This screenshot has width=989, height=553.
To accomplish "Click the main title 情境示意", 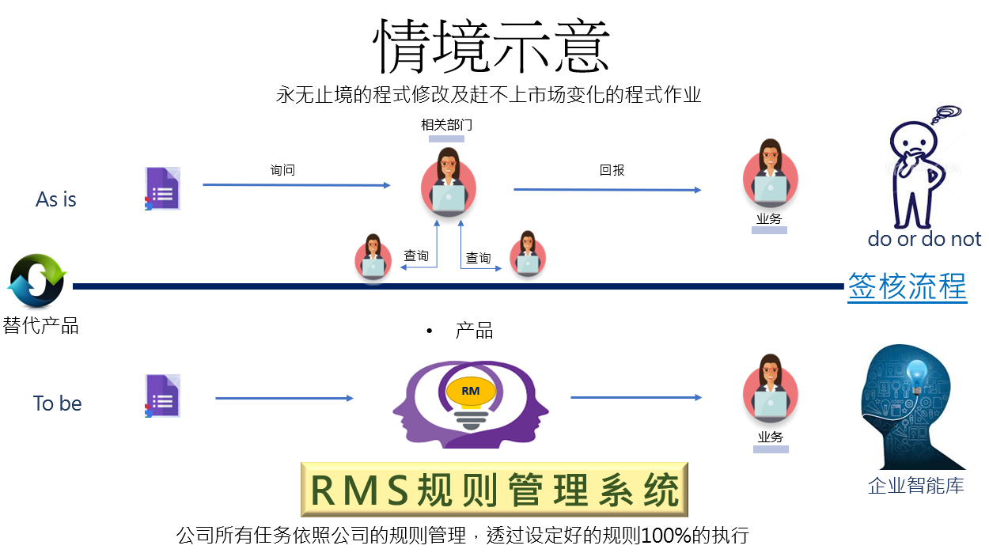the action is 491,47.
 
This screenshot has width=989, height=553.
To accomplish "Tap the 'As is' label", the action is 56,199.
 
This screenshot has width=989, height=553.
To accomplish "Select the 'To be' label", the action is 58,403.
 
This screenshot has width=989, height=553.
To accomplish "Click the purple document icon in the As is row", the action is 162,188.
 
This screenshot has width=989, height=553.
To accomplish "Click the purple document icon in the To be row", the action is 162,396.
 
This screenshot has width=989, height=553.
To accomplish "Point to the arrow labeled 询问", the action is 297,185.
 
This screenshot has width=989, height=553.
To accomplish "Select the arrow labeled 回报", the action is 608,190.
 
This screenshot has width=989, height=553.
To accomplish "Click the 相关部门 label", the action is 446,125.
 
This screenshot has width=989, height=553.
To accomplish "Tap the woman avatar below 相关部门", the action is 448,182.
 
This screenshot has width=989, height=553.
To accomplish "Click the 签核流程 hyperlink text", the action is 908,286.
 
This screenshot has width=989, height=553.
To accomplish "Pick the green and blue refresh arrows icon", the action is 36,280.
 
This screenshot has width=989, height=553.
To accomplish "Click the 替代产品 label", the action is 40,326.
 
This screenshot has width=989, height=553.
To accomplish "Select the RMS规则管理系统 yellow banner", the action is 494,490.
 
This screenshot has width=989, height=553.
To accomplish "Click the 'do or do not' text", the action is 924,239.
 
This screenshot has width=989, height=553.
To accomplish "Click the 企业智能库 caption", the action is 916,486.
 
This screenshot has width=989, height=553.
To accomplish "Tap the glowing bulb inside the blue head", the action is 917,375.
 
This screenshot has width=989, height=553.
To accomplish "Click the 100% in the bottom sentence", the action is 666,536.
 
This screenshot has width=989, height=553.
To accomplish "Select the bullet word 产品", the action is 474,331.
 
